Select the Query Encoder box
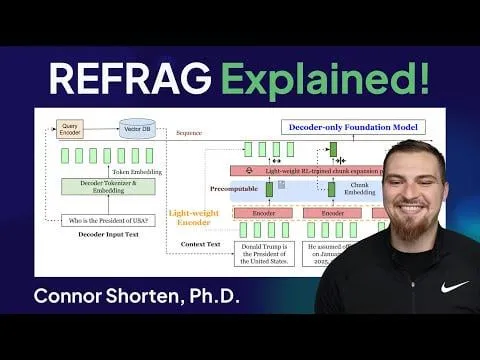(x=69, y=129)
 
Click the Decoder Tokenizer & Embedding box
(x=107, y=186)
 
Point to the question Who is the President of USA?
(x=108, y=220)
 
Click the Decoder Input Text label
(x=107, y=235)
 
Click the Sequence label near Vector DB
(x=189, y=132)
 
